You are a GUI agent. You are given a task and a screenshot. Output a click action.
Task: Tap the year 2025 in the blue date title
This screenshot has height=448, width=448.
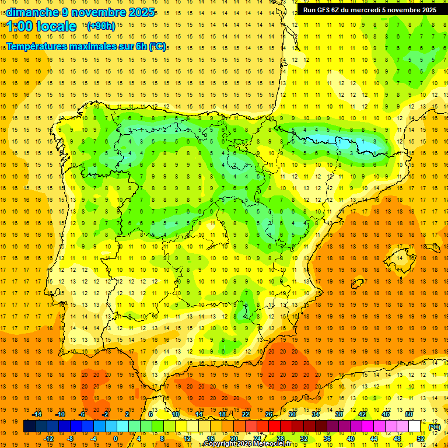[142, 12]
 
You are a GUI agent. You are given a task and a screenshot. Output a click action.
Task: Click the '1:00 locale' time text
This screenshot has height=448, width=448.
[41, 26]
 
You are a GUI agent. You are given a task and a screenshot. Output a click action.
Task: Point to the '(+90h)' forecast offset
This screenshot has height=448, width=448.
[100, 26]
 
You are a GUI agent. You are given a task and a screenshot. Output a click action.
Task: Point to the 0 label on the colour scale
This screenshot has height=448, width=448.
[116, 439]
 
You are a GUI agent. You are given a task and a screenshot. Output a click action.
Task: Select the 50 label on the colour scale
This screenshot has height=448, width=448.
[408, 414]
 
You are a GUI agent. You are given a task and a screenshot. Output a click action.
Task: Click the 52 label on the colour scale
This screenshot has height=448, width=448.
[420, 439]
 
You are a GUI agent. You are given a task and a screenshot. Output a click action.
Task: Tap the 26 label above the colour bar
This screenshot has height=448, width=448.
[269, 414]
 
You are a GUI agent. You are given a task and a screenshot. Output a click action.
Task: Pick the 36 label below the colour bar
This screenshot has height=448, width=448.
[327, 439]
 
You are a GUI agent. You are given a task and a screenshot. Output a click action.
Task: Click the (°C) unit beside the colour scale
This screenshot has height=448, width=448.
[435, 427]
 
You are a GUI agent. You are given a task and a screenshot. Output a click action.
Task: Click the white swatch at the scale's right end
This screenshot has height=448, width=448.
[419, 426]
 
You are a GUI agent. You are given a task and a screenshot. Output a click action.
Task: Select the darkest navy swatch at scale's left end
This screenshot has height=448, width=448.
[29, 426]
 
